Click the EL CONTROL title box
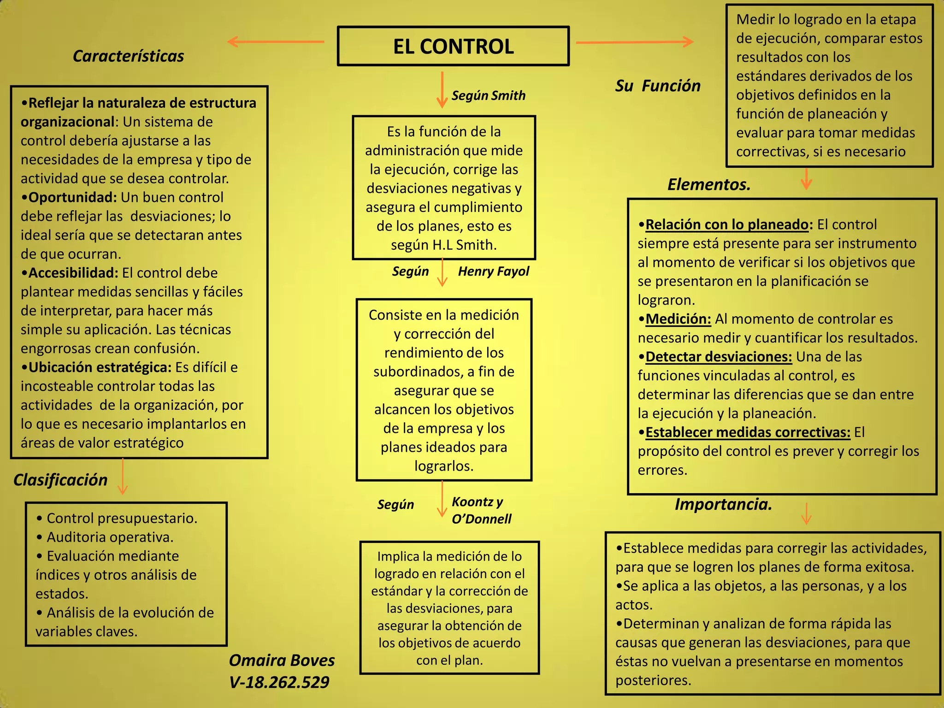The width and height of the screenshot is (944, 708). coord(453,46)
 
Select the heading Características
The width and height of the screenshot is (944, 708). coord(128,56)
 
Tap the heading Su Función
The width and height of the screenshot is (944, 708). coord(657,86)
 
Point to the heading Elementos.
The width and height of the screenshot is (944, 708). coord(708,184)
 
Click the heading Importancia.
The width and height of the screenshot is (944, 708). coord(723,504)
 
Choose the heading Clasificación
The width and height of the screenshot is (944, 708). coord(60,480)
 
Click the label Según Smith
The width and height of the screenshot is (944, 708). coord(488,95)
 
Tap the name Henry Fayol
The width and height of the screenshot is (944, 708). coord(493,271)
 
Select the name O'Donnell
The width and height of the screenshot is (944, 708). coord(481,519)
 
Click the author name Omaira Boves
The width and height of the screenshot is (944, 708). coord(282,661)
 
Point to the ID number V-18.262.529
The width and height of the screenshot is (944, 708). coord(279,682)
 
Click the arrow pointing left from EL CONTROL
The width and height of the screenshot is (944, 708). coord(276,42)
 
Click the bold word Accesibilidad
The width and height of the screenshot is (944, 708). coord(73,273)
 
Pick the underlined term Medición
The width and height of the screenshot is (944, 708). coord(678,319)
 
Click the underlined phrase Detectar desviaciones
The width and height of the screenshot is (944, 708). coord(719,357)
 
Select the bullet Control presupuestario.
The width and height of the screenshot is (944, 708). coord(122,518)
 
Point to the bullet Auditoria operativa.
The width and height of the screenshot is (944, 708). coord(110,537)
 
